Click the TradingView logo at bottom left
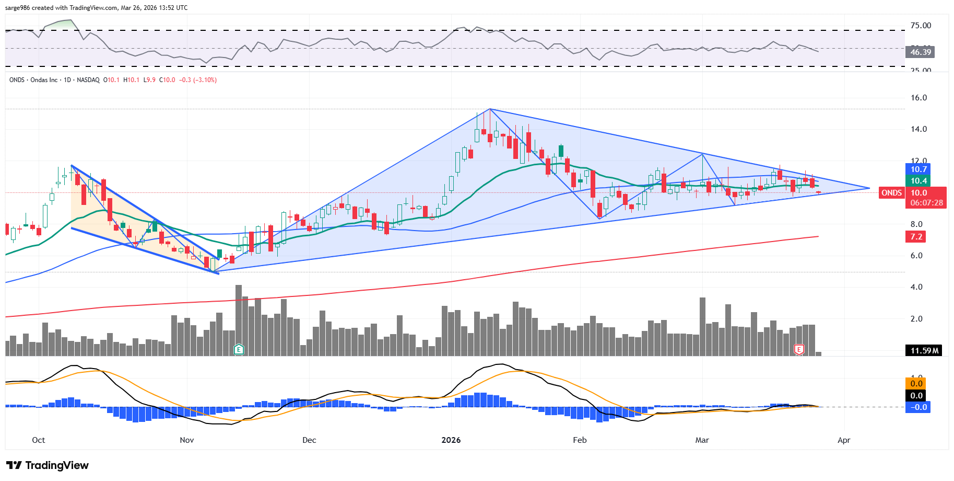(x=47, y=465)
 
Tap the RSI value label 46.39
(x=921, y=52)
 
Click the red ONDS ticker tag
(x=891, y=193)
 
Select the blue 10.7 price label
(x=918, y=169)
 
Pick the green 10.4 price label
(x=918, y=181)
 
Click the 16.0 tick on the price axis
(x=918, y=98)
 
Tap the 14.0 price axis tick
(x=918, y=129)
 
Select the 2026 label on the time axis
(x=451, y=440)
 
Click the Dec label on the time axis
(x=309, y=440)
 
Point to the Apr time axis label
(x=844, y=440)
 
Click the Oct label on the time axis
(x=39, y=440)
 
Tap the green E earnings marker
(x=239, y=349)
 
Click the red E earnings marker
(x=799, y=349)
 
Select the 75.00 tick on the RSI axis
(x=921, y=26)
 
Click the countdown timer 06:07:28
(x=926, y=203)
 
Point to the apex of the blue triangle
(x=869, y=188)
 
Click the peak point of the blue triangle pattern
(x=490, y=109)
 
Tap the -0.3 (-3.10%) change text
(x=198, y=80)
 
